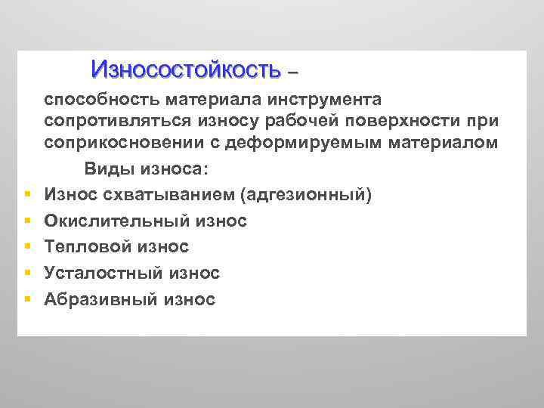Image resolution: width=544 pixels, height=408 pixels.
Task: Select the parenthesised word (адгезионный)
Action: [x=305, y=196]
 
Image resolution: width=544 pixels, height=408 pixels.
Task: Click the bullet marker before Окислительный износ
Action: [x=26, y=221]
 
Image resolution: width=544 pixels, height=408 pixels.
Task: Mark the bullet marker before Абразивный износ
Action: [x=26, y=299]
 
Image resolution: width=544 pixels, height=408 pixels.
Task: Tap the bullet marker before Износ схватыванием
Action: [x=26, y=196]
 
